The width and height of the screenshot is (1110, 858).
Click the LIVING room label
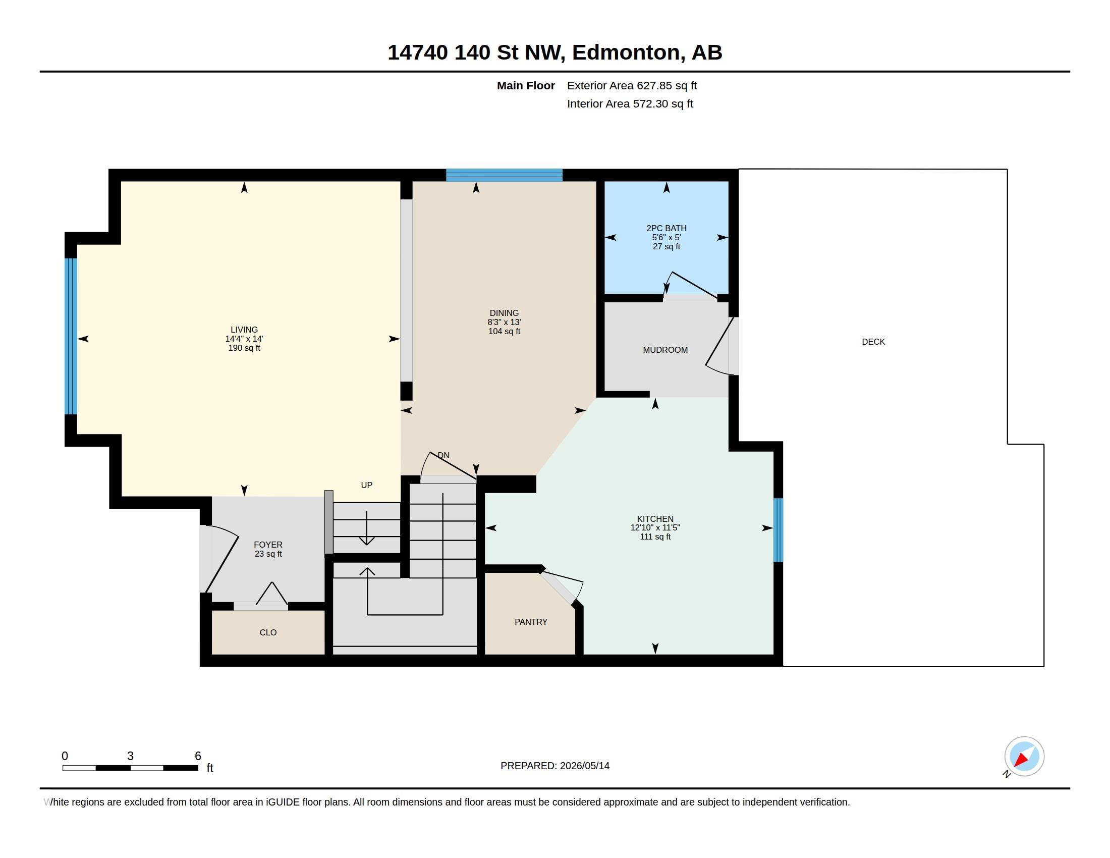244,330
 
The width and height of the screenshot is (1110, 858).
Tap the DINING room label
504,313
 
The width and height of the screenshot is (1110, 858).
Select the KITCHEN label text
655,519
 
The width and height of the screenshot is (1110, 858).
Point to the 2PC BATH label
667,228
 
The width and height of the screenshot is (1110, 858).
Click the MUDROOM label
665,350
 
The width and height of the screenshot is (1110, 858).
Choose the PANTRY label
531,622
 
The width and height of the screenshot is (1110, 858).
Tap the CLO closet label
268,632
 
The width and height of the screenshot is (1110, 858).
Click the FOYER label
268,545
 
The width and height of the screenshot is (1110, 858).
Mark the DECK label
873,342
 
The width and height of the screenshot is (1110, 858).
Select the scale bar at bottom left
130,768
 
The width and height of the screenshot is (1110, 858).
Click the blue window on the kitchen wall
778,530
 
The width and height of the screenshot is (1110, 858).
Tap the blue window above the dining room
504,175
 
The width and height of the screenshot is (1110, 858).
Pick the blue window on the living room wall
71,337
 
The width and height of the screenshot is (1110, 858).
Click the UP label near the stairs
366,486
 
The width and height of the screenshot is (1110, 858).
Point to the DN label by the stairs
443,455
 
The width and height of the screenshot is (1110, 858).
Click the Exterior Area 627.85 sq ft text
632,86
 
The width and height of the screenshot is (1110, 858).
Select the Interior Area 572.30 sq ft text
630,104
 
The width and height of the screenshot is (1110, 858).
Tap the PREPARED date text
554,766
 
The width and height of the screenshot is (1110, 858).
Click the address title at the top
554,52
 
